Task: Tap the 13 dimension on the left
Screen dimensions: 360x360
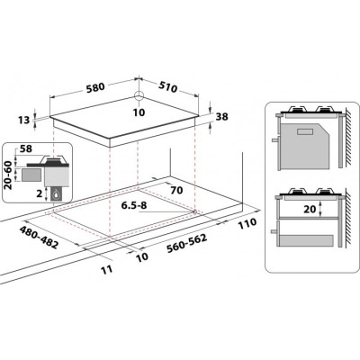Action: click(x=23, y=119)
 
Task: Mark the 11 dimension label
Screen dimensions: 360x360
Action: click(x=106, y=268)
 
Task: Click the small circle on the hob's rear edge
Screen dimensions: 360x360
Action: click(x=140, y=97)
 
